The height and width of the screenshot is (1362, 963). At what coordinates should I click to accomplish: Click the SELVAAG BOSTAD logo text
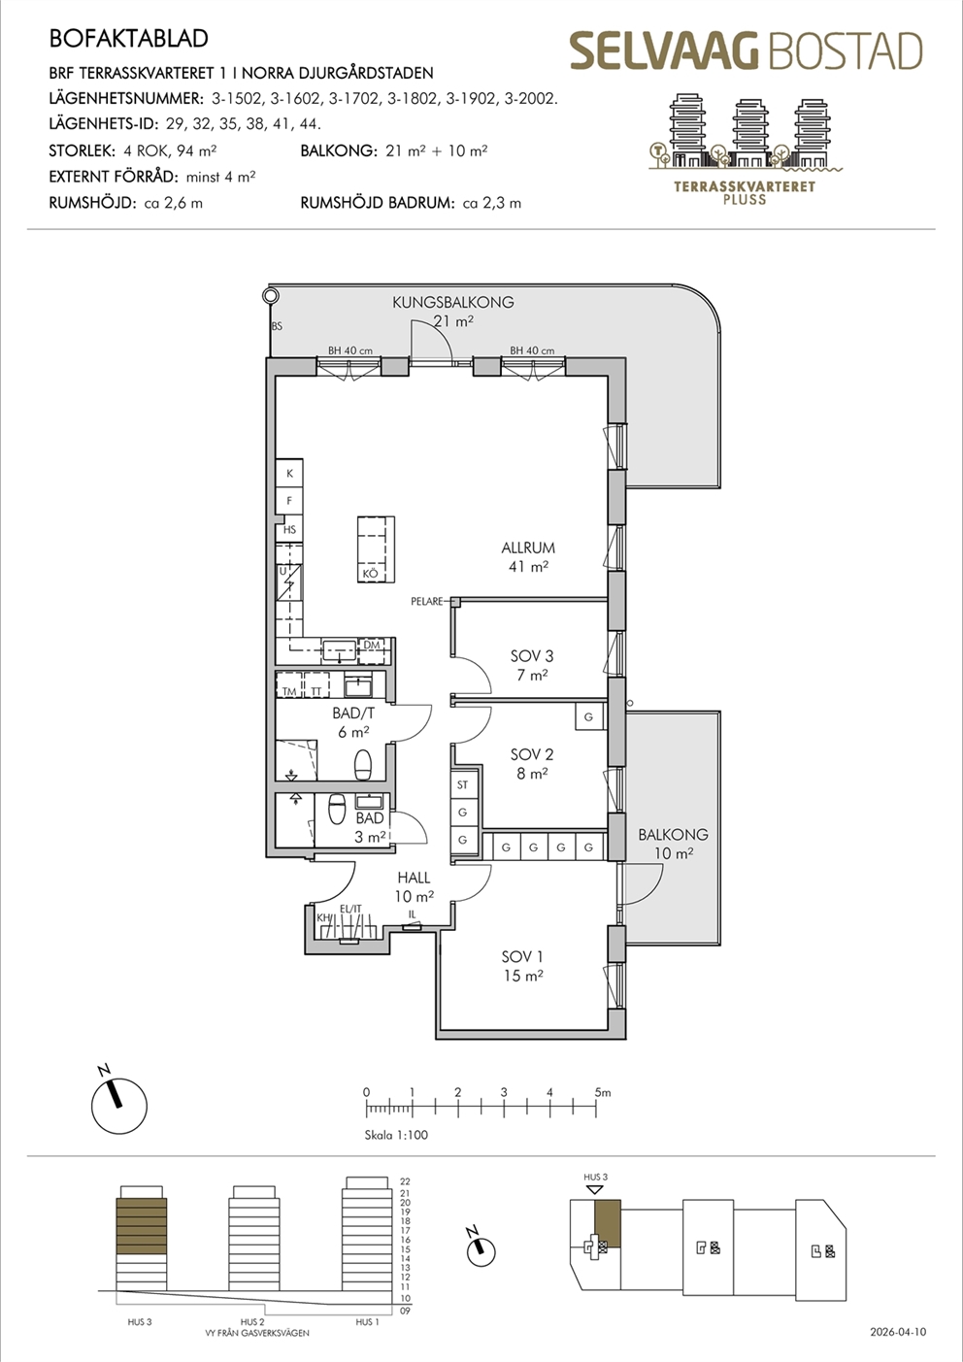(x=746, y=51)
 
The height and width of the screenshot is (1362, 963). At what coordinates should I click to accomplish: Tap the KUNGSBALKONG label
(x=453, y=302)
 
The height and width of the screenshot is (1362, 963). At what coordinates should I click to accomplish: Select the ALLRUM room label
(x=528, y=548)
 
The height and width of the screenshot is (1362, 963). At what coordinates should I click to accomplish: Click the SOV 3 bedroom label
(x=532, y=656)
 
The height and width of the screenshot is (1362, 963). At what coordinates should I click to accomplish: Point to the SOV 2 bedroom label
(x=532, y=754)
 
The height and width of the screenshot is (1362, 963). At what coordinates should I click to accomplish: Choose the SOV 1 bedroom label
(x=522, y=956)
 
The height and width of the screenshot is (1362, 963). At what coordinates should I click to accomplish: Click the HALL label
(x=414, y=878)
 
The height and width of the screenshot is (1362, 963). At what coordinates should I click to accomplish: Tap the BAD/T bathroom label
(x=353, y=713)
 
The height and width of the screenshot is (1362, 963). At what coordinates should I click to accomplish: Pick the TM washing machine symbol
(x=289, y=684)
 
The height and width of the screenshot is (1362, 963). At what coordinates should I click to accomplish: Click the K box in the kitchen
(x=289, y=473)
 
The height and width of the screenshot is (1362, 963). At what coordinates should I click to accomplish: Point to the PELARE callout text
(x=427, y=601)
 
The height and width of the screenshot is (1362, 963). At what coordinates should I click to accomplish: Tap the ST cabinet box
(x=463, y=785)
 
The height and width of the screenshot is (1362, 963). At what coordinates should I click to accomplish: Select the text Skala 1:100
(x=396, y=1135)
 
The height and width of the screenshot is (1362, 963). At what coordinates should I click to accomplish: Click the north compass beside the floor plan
(x=119, y=1106)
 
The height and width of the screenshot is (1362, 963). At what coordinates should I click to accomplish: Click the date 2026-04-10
(x=898, y=1332)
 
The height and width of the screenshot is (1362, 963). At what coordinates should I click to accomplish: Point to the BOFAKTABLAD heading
(x=129, y=38)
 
